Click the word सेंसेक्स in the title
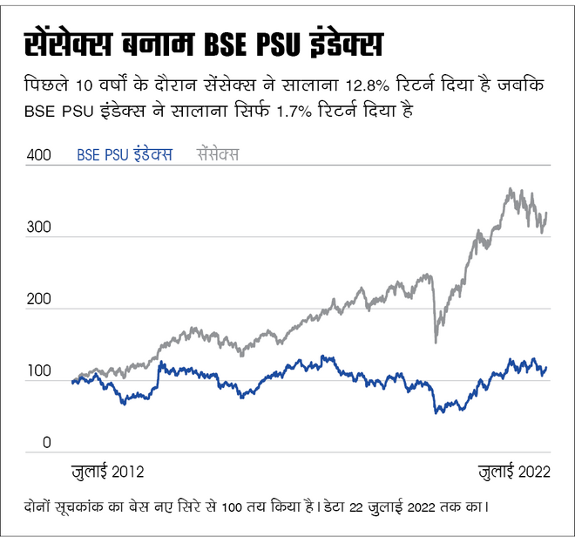point(66,44)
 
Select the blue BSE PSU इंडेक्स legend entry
point(125,155)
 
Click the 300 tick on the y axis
point(40,228)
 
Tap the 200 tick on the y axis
point(40,300)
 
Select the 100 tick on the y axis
point(40,372)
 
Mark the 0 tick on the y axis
point(48,445)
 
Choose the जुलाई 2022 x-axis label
point(515,472)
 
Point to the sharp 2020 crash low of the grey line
point(436,342)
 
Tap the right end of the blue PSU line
point(546,367)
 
